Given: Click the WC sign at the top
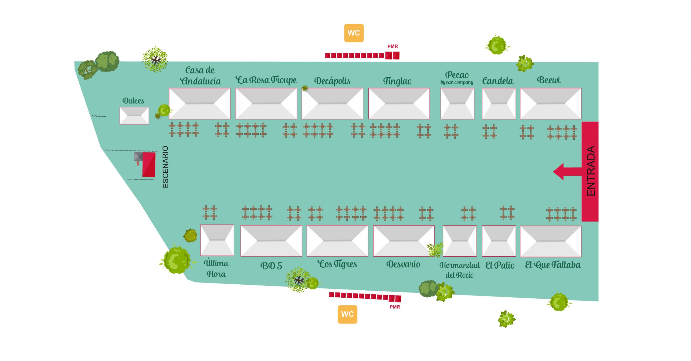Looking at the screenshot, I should click(x=354, y=33).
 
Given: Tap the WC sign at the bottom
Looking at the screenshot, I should click(x=347, y=314).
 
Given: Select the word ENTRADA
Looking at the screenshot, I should click(x=591, y=171).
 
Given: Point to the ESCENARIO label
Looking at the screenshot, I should click(x=165, y=167).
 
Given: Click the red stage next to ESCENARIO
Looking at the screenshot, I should click(x=149, y=165).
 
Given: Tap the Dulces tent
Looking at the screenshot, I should click(x=134, y=115).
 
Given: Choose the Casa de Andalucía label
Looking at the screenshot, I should click(x=200, y=76).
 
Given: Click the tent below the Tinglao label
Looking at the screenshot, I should click(x=399, y=103).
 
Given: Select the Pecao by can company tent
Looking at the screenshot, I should click(x=457, y=103).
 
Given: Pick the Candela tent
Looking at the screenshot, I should click(x=499, y=103).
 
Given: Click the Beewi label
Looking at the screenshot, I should click(x=548, y=80).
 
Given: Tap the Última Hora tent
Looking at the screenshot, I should click(x=217, y=240).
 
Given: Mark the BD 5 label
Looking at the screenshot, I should click(x=271, y=266).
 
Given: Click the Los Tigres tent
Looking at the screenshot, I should click(x=337, y=241).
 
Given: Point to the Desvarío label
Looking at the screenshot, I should click(x=403, y=264).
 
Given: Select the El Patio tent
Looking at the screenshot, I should click(x=499, y=241).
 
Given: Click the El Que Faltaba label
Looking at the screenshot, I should click(x=553, y=265).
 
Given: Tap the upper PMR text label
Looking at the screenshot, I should click(x=392, y=46).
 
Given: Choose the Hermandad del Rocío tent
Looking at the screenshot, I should click(x=460, y=241).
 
